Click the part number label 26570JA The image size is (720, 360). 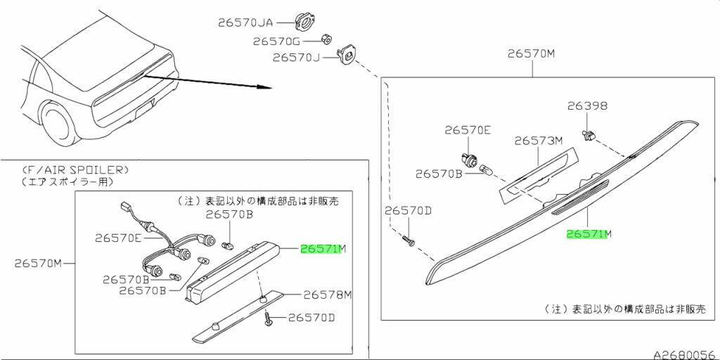pos(245,22)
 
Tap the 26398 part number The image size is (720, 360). pos(587,106)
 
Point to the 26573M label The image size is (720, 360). pos(539,141)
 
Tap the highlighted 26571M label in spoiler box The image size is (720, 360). pos(323,249)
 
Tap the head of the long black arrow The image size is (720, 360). pos(267,87)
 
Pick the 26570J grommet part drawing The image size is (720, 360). pos(347,54)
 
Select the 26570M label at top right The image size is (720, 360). pos(532,53)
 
